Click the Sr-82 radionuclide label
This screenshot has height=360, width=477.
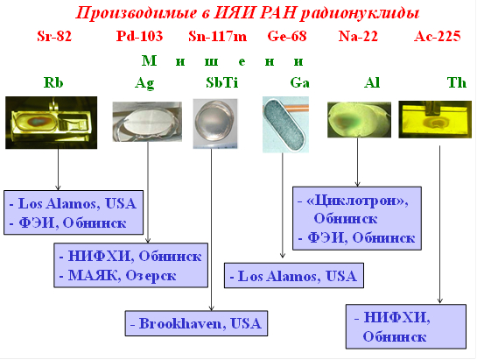(54, 36)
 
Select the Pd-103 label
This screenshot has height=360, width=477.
(140, 36)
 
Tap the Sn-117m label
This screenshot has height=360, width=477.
(218, 36)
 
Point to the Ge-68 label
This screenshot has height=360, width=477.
(287, 36)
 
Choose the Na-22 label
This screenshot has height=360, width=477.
(358, 36)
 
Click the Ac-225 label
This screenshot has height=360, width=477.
(438, 36)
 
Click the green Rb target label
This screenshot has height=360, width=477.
(53, 82)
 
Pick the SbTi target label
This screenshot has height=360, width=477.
(221, 82)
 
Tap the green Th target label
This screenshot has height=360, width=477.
(456, 82)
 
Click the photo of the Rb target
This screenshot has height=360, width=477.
(52, 123)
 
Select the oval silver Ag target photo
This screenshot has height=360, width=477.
(147, 122)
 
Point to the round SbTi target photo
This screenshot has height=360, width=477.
(215, 124)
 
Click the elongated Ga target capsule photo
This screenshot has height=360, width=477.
(285, 124)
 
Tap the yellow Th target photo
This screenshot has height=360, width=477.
(435, 119)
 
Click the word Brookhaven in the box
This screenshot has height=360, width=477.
(180, 323)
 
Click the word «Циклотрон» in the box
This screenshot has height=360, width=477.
(357, 201)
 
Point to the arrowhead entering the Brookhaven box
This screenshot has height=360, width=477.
(212, 308)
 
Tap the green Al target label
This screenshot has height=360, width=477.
(372, 82)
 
